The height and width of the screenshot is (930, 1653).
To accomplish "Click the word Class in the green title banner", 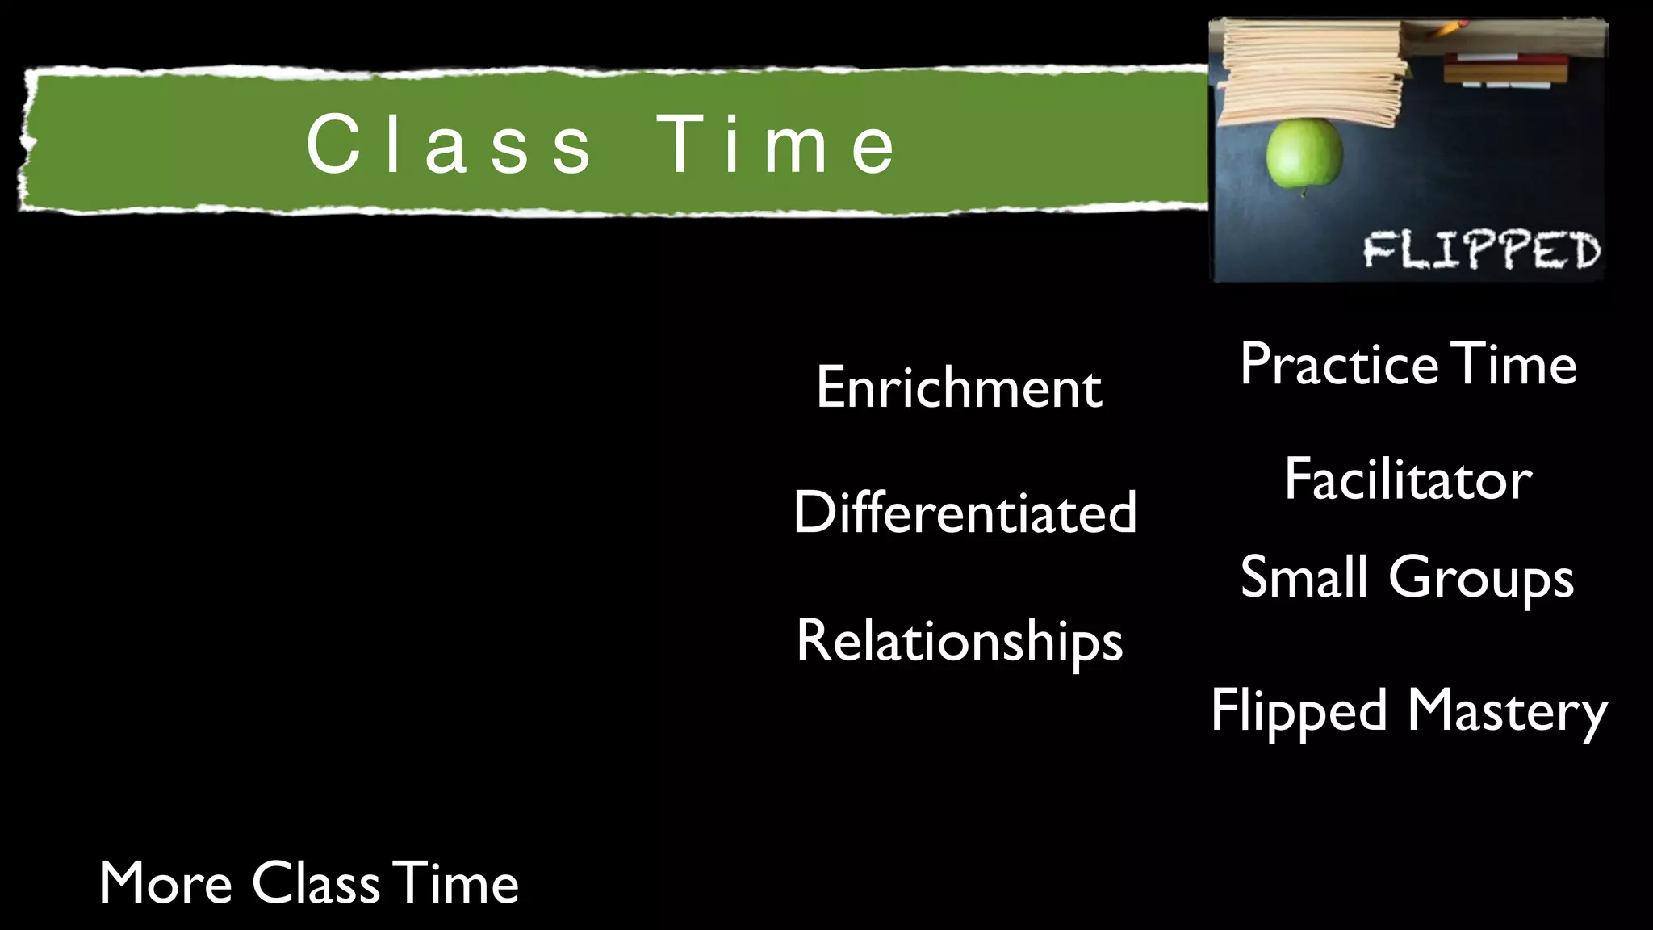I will click(x=449, y=145).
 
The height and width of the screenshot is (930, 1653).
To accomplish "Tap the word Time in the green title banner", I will click(x=776, y=145).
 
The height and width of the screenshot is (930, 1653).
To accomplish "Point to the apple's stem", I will click(x=1302, y=192).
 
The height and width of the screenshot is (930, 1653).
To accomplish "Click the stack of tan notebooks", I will click(x=1312, y=73).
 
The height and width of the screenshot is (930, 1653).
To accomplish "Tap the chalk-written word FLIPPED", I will click(x=1481, y=249).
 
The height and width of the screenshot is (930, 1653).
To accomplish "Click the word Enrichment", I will click(x=959, y=387).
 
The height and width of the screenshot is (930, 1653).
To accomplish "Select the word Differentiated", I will click(x=965, y=512).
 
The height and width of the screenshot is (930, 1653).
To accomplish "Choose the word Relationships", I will click(x=959, y=642).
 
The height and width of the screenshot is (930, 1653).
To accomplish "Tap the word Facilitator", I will click(x=1408, y=480).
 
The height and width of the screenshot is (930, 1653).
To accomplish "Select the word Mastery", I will click(x=1507, y=712).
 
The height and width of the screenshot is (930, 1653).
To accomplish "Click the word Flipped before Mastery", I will click(x=1299, y=712).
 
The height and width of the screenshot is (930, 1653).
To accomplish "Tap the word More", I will click(x=165, y=882).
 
